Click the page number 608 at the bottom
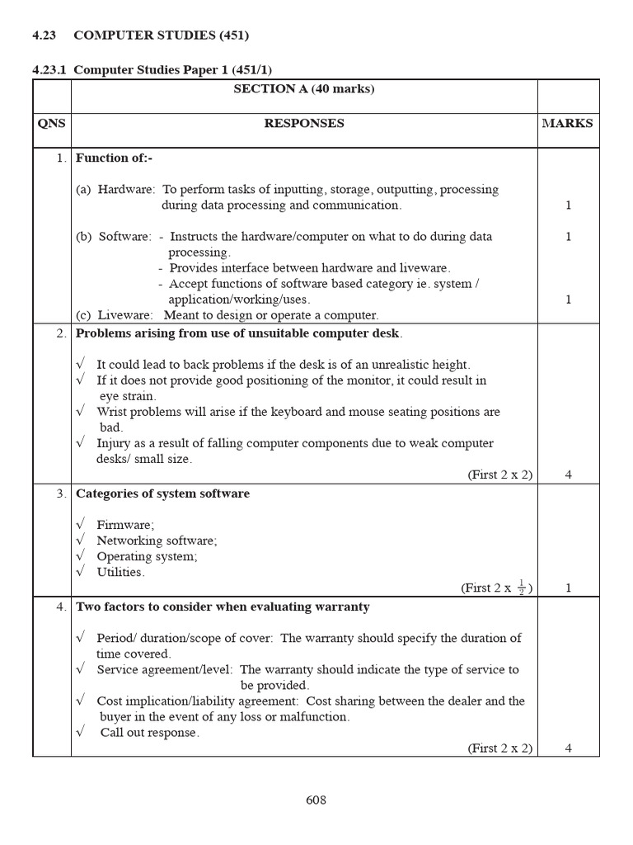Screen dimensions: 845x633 click(316, 800)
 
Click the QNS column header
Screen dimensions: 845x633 click(51, 124)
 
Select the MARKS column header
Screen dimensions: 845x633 click(567, 124)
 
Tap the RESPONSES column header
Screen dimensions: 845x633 click(304, 124)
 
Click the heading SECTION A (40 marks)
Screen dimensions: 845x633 click(304, 89)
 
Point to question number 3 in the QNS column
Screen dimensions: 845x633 click(61, 493)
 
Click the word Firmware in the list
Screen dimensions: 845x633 click(124, 525)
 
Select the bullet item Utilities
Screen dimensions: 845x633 click(120, 572)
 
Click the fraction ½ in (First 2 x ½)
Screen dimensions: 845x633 click(521, 587)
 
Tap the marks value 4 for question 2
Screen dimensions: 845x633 click(568, 474)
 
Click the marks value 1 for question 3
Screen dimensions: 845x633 click(568, 588)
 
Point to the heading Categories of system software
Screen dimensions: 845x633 click(162, 493)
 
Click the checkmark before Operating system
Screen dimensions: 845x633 click(80, 556)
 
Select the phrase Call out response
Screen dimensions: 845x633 click(149, 733)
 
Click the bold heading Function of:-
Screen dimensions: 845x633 click(114, 158)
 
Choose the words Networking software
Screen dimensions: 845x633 click(157, 541)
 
